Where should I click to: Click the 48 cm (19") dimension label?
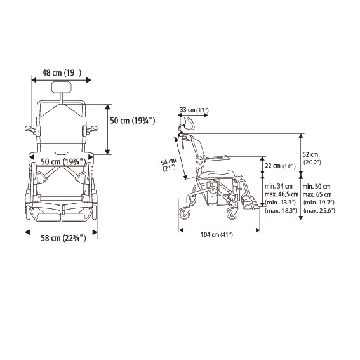coord(62,73)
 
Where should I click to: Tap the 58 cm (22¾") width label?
coord(63,238)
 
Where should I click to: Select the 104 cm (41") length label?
coord(217,235)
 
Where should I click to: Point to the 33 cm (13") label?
coord(194,110)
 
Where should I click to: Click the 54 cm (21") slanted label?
coord(169,164)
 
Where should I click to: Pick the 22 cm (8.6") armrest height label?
coord(280,166)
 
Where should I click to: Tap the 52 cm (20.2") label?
coord(312,158)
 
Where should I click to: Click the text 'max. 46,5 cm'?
coord(281,194)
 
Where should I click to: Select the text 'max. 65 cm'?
coord(317,194)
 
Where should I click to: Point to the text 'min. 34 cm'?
coord(279,186)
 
